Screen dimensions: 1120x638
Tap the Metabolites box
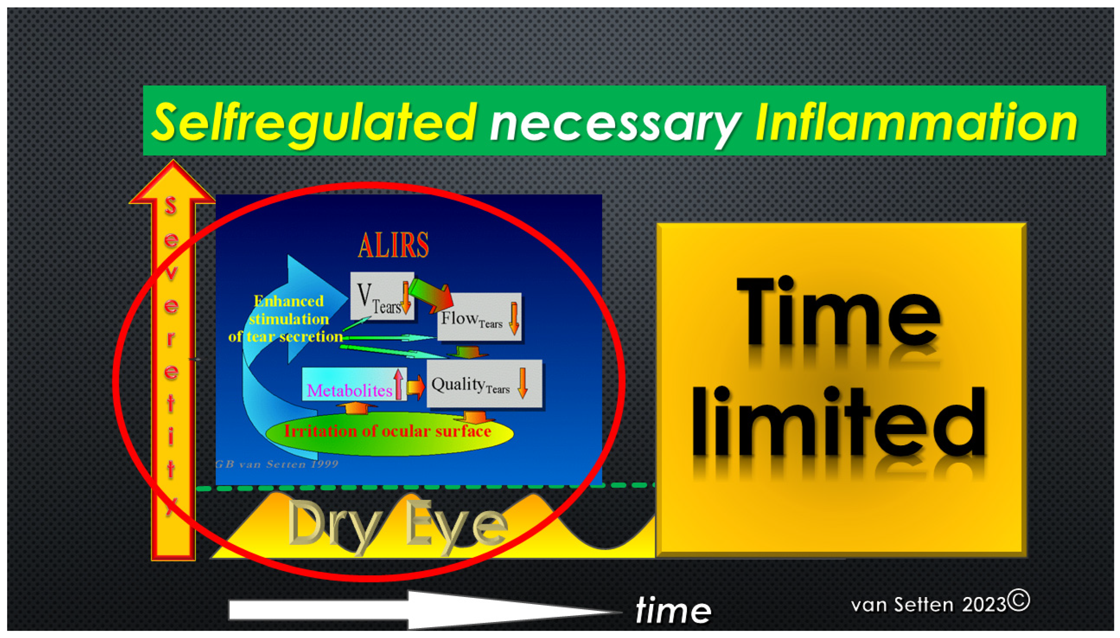pyautogui.click(x=354, y=384)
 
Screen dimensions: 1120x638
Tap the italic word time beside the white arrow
pyautogui.click(x=673, y=610)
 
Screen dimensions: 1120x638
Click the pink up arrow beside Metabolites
pyautogui.click(x=398, y=383)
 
